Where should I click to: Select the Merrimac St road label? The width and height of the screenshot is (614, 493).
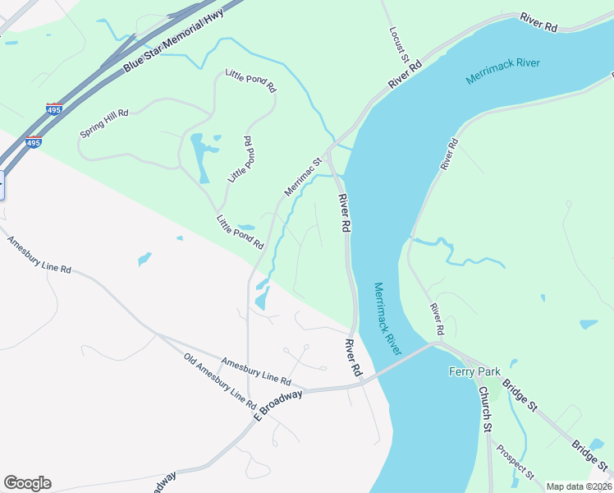pyautogui.click(x=301, y=177)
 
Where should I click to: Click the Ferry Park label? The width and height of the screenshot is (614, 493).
pyautogui.click(x=474, y=371)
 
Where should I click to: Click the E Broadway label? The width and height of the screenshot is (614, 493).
pyautogui.click(x=278, y=403)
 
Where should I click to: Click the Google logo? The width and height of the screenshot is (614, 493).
pyautogui.click(x=27, y=483)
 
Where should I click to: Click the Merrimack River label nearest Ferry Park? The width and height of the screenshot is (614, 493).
pyautogui.click(x=388, y=319)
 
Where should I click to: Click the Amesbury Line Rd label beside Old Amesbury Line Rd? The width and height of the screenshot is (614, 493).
pyautogui.click(x=256, y=371)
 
